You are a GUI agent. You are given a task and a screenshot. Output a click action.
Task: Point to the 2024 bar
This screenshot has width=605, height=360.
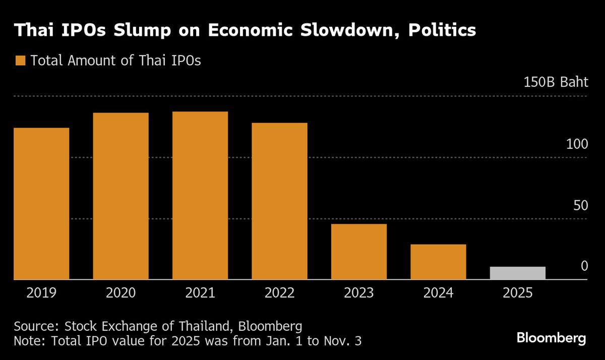point(438,262)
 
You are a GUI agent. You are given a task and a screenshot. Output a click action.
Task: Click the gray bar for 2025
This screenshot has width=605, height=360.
point(517,273)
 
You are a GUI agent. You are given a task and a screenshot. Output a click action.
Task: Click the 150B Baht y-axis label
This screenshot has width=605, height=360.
point(556,83)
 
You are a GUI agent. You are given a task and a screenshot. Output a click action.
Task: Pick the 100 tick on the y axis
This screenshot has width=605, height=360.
point(577,144)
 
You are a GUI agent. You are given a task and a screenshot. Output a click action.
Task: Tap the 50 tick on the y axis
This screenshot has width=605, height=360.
point(581,205)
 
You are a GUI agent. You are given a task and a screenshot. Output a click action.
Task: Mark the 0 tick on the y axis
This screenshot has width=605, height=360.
point(584,266)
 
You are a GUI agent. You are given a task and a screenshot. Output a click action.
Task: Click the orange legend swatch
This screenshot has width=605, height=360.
point(20,61)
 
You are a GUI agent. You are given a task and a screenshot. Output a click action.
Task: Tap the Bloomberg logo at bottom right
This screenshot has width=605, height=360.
point(551,338)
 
